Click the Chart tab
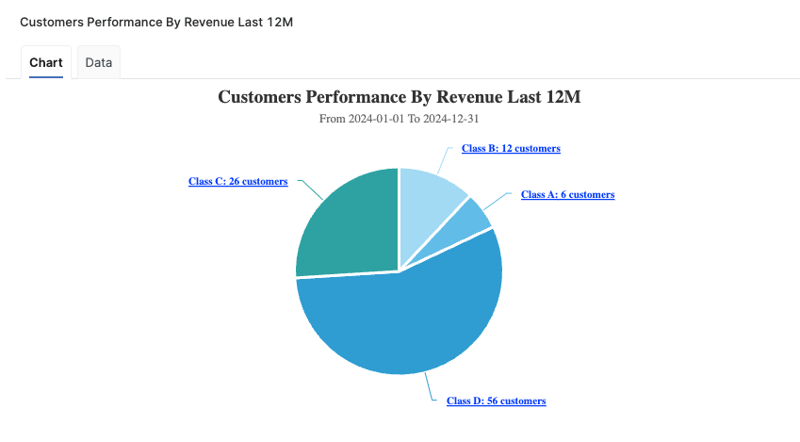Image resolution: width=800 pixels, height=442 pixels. point(46,63)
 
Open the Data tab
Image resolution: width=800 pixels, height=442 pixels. point(98,63)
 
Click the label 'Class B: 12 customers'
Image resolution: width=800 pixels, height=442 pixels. point(511,149)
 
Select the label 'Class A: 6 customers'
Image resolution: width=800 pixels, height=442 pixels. point(567,195)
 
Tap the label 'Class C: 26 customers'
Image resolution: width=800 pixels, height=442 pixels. point(237,181)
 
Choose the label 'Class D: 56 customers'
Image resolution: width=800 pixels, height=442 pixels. point(496,401)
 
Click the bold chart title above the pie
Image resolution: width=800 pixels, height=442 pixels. point(400,97)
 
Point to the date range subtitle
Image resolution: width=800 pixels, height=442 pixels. point(400,120)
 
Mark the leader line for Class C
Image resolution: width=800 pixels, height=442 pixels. point(311,188)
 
